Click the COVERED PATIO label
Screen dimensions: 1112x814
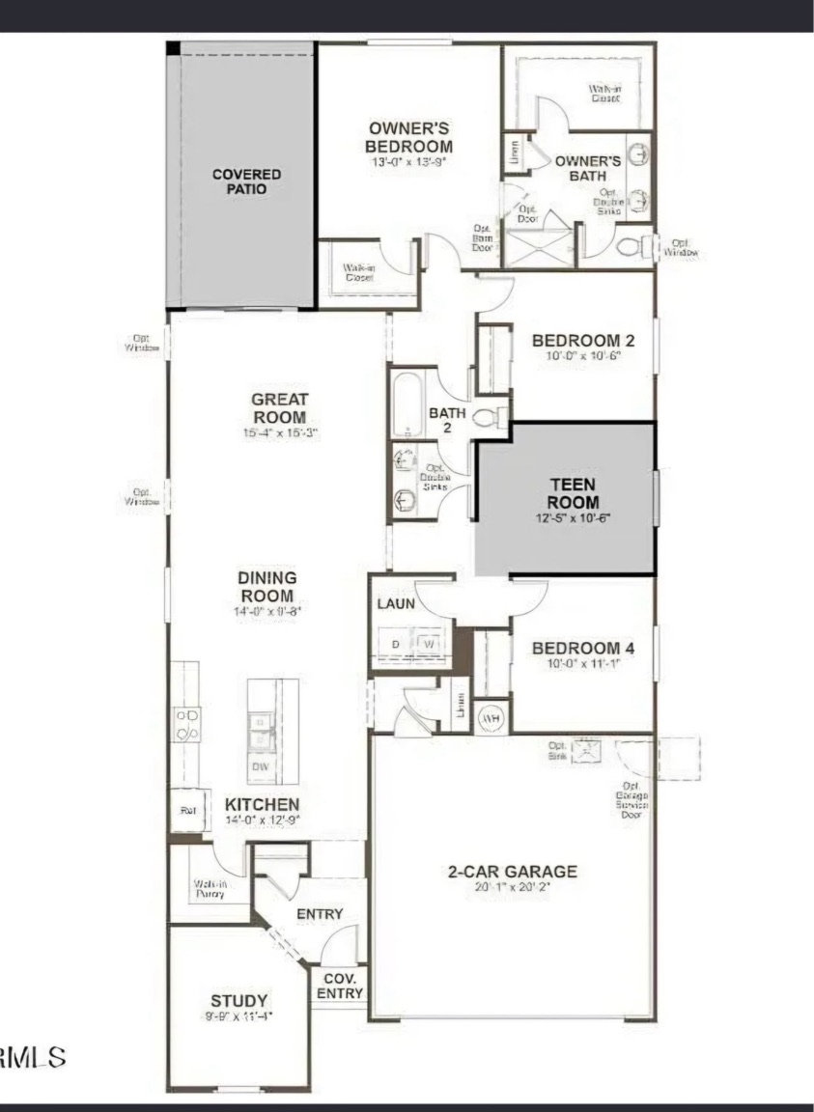click(x=247, y=181)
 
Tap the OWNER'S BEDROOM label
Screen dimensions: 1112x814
click(x=410, y=137)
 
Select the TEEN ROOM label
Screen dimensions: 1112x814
click(x=573, y=493)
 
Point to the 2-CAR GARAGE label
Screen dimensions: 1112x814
click(x=512, y=871)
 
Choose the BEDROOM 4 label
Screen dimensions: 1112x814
click(x=577, y=647)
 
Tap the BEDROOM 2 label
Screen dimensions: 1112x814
click(x=577, y=340)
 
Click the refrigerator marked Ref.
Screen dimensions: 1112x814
click(x=188, y=811)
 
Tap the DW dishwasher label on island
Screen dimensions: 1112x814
click(x=260, y=766)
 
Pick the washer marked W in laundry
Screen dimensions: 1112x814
click(x=430, y=642)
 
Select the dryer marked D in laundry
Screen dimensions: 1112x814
click(x=395, y=642)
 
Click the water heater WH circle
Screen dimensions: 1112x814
click(x=491, y=717)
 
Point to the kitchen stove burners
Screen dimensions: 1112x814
click(x=186, y=724)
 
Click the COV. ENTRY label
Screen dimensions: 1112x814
click(x=339, y=986)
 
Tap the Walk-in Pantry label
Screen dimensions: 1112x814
click(x=210, y=888)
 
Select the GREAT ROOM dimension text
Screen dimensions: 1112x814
click(x=279, y=433)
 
